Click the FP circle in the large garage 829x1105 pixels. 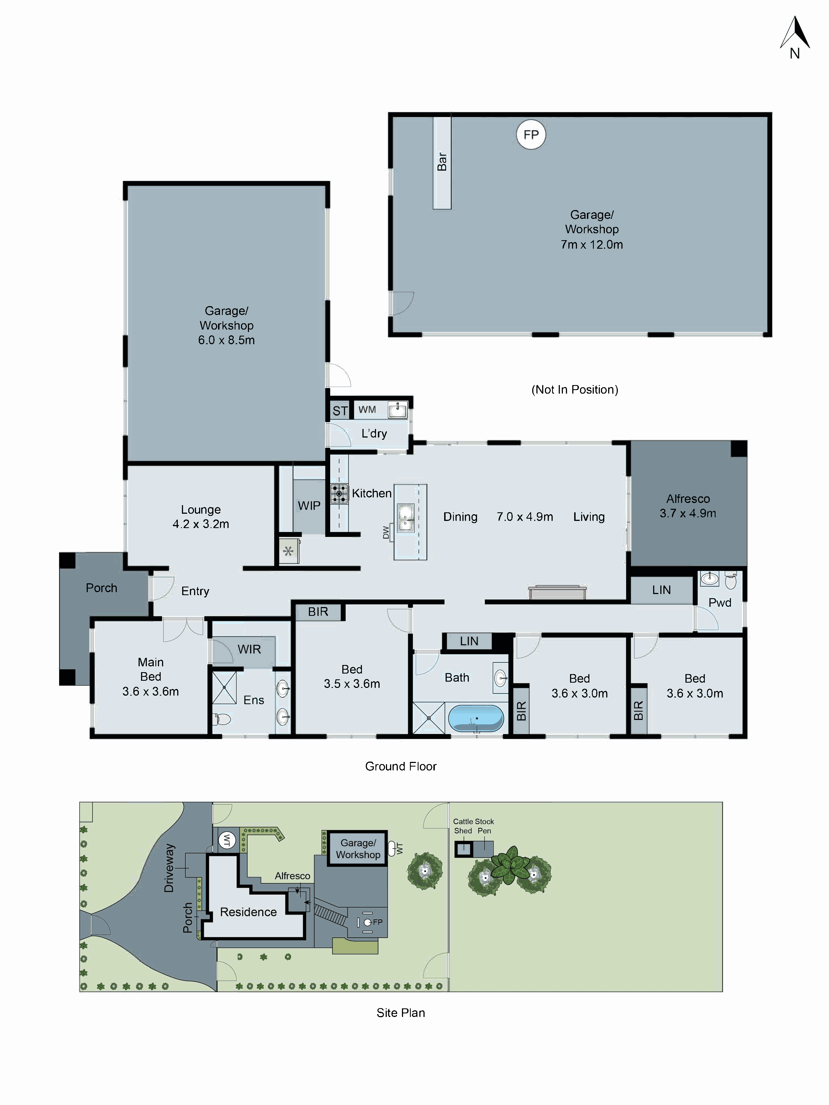531,134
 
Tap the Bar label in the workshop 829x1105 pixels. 442,161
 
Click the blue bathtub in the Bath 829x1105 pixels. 476,718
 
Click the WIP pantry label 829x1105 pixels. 309,505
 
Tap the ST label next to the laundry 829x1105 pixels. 340,411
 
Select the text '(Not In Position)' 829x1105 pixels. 575,390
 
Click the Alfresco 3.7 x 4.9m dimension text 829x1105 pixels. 688,513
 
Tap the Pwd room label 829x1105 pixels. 720,602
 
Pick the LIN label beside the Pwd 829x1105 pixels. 661,590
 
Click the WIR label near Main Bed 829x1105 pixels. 249,649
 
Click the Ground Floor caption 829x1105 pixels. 401,766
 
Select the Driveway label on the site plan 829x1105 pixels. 169,868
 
